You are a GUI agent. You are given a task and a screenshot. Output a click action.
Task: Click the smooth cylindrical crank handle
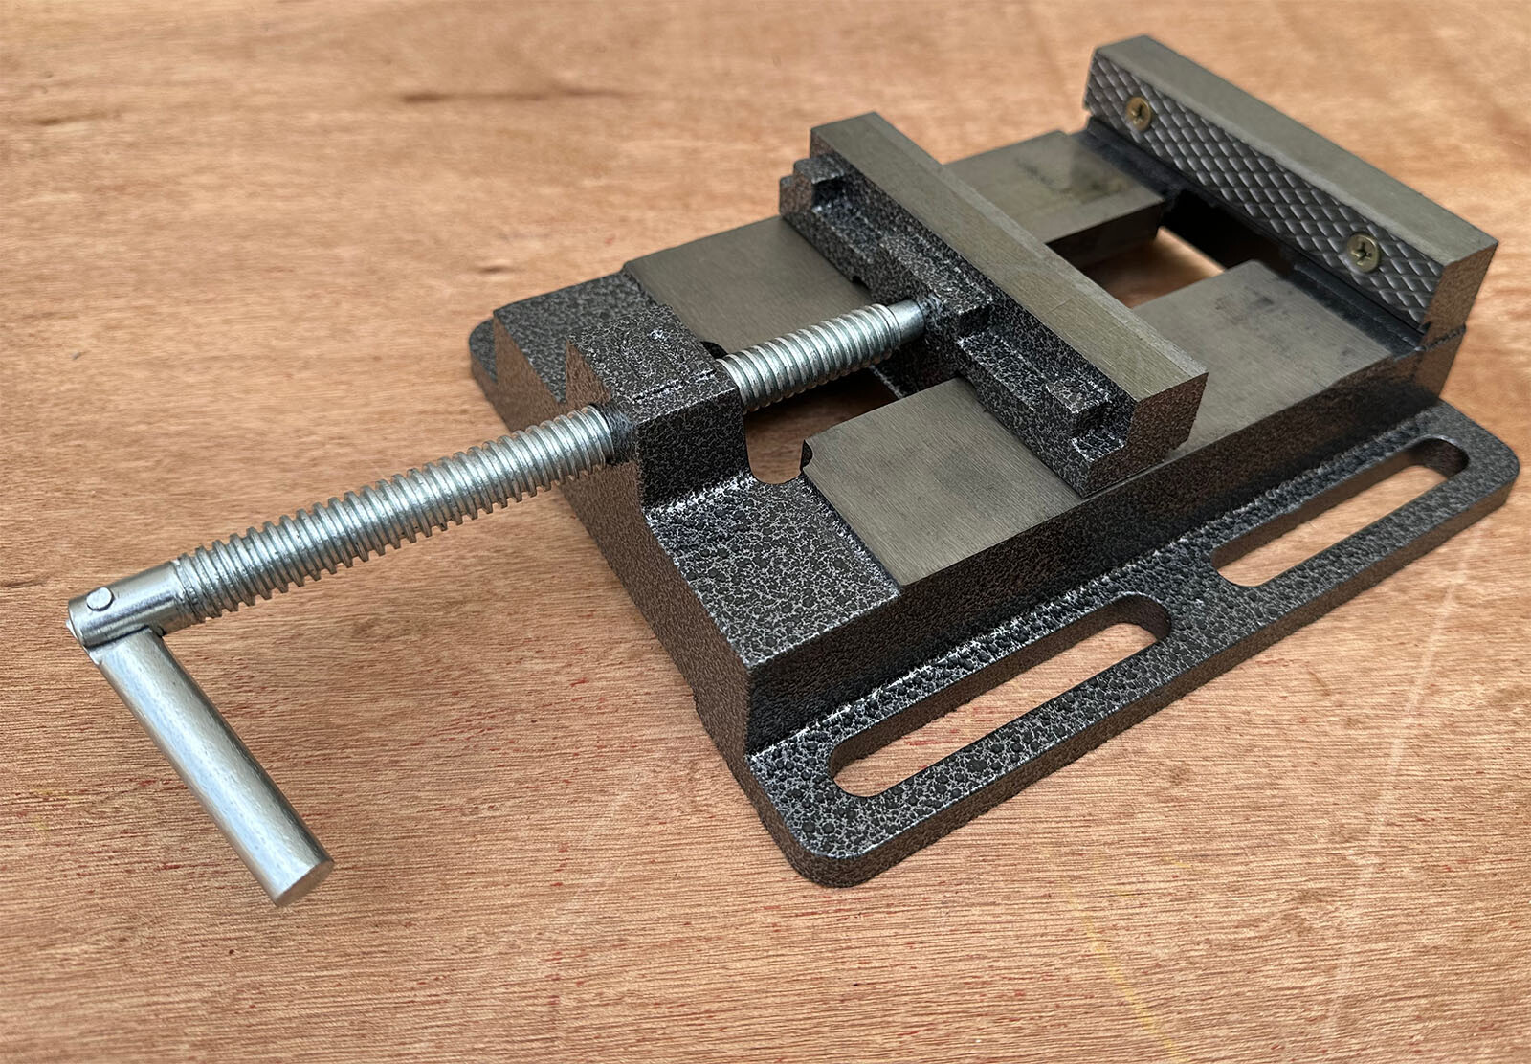pyautogui.click(x=211, y=756)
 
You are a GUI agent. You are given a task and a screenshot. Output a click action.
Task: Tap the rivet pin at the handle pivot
pyautogui.click(x=99, y=599)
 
